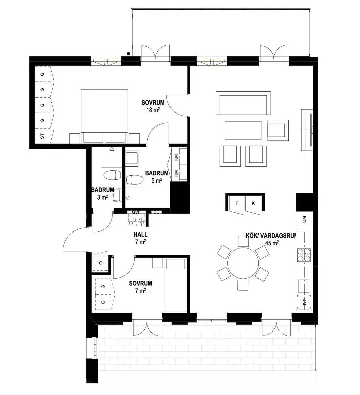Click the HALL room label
(x=140, y=234)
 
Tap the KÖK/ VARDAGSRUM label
(x=271, y=236)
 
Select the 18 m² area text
(x=153, y=110)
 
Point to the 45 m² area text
(x=272, y=243)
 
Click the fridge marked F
(x=237, y=203)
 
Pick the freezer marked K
(x=253, y=203)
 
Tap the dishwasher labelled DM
(x=304, y=302)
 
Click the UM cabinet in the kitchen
(x=304, y=219)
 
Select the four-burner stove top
(x=304, y=255)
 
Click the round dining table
(x=243, y=263)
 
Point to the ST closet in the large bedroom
(x=42, y=136)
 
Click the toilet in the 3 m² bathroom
(x=112, y=175)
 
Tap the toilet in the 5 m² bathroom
(x=135, y=180)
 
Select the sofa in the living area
(x=243, y=103)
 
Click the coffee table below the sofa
(x=243, y=130)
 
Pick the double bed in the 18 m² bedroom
(x=104, y=116)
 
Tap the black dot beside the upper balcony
(x=128, y=53)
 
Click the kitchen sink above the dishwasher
(x=304, y=286)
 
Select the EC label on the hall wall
(x=156, y=212)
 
